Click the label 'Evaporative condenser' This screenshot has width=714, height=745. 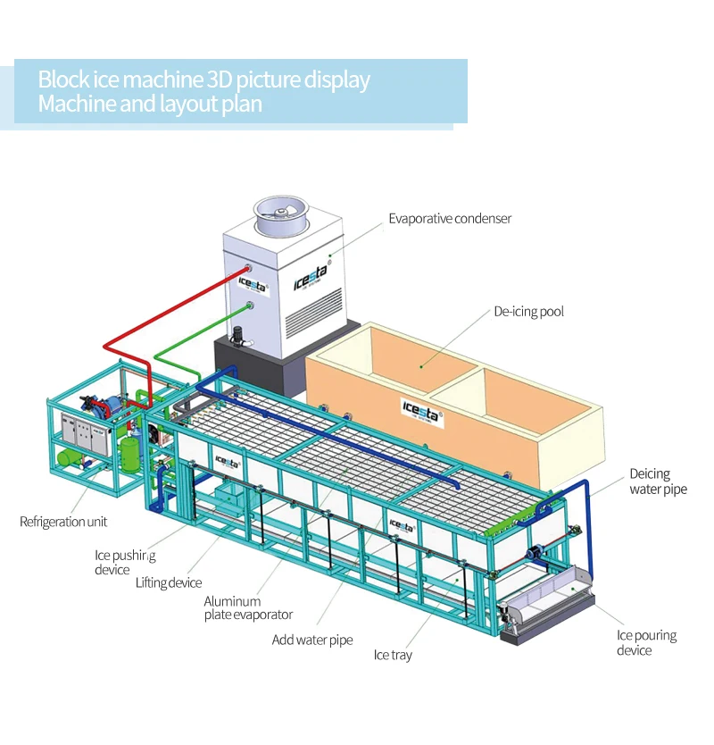[x=450, y=218]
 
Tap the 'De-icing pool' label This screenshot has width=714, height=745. [x=528, y=312]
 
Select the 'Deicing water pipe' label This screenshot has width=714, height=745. [x=658, y=481]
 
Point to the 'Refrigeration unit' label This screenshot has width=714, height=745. [x=63, y=522]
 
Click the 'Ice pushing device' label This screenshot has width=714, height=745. [x=125, y=562]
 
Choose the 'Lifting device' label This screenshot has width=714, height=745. [x=169, y=583]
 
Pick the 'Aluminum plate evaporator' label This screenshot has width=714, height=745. [x=248, y=608]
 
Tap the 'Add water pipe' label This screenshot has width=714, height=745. [x=312, y=640]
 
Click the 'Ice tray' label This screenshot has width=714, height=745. [x=393, y=656]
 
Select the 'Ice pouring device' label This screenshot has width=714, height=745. [x=646, y=642]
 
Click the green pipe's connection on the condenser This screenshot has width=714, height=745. [x=249, y=306]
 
